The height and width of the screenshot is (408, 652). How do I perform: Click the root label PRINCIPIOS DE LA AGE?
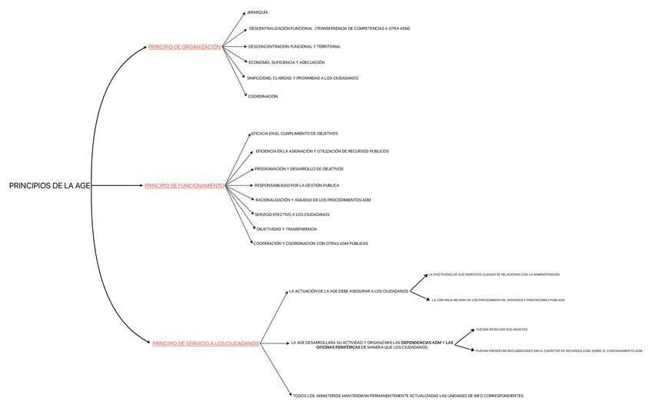pyautogui.click(x=49, y=186)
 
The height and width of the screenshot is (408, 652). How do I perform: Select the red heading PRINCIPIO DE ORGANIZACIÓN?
pyautogui.click(x=184, y=47)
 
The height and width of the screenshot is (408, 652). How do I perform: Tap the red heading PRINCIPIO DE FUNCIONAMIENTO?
pyautogui.click(x=184, y=186)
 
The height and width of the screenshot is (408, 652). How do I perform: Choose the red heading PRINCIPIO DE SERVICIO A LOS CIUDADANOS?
pyautogui.click(x=205, y=343)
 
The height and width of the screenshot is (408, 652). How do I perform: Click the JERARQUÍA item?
pyautogui.click(x=258, y=13)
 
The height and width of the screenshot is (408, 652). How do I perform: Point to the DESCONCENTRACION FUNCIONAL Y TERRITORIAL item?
pyautogui.click(x=294, y=47)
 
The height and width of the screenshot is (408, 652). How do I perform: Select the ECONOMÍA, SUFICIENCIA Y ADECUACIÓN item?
pyautogui.click(x=286, y=62)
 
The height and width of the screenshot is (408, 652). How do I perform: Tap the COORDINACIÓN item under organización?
pyautogui.click(x=262, y=97)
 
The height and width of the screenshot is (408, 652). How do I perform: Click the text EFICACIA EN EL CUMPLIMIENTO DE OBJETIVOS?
pyautogui.click(x=294, y=134)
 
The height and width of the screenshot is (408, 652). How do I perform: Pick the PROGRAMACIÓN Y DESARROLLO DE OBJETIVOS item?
pyautogui.click(x=299, y=169)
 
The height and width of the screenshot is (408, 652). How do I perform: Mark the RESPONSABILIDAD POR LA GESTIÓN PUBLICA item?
pyautogui.click(x=297, y=185)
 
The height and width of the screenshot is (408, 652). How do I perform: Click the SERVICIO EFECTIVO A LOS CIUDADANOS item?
pyautogui.click(x=292, y=214)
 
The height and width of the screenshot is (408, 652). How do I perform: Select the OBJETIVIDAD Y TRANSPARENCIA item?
pyautogui.click(x=287, y=229)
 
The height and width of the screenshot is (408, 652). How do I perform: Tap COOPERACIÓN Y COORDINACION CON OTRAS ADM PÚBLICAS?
pyautogui.click(x=311, y=244)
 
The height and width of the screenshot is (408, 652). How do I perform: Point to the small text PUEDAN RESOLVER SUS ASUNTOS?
pyautogui.click(x=501, y=329)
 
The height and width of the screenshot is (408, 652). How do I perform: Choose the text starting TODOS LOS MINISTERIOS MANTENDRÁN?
pyautogui.click(x=407, y=396)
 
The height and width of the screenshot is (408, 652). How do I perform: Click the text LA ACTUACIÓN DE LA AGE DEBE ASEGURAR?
pyautogui.click(x=348, y=291)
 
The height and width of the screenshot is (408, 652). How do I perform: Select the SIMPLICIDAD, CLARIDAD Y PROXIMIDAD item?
pyautogui.click(x=302, y=78)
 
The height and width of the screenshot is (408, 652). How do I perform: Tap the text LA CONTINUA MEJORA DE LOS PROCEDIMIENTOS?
pyautogui.click(x=498, y=300)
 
